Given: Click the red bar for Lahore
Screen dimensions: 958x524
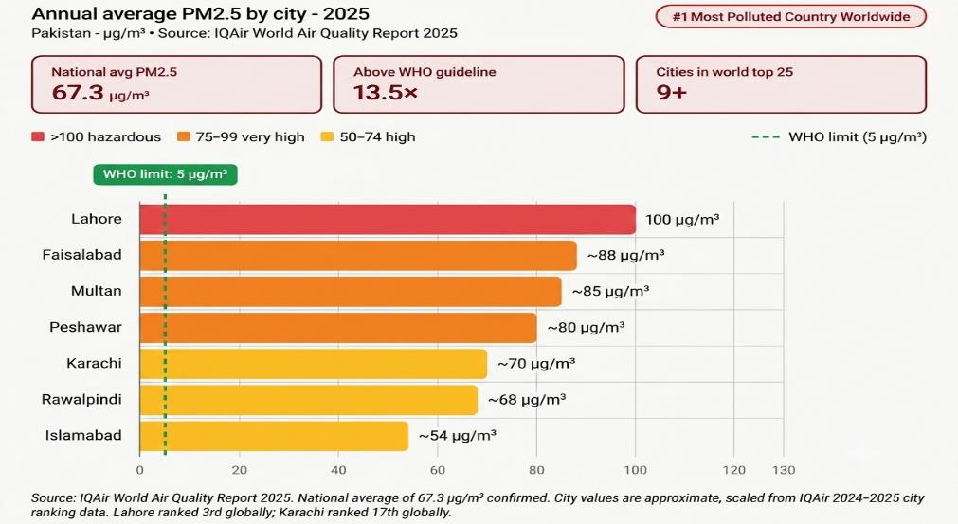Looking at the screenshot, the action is (388, 219).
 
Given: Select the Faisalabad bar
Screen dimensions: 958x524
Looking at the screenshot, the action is (358, 255).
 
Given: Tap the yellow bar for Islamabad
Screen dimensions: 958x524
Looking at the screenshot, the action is (274, 436).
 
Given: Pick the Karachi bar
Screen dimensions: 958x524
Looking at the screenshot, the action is (314, 364).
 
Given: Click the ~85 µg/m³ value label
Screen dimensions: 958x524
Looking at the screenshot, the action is (610, 291).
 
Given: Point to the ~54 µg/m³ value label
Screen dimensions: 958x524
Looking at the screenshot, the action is (457, 436).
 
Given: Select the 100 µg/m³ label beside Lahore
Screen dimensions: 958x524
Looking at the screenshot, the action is (682, 219).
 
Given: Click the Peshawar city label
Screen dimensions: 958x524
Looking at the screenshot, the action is (85, 327).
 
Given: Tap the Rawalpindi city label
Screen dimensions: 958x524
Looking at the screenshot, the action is (81, 400).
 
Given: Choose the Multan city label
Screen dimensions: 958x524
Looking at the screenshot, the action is (97, 291).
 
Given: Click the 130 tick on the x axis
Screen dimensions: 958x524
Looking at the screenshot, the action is (784, 470).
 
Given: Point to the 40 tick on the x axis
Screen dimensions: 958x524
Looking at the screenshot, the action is (338, 470).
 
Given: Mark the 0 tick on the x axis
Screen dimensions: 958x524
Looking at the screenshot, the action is (140, 470).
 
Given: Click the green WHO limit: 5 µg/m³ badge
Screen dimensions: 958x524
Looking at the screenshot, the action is (165, 174).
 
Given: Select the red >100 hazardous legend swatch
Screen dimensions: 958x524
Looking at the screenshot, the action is (38, 136).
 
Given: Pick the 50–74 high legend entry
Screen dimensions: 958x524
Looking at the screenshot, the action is (369, 136).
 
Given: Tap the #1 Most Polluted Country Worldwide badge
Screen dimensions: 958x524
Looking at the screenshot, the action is (791, 16).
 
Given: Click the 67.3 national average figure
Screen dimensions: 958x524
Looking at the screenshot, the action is (79, 92).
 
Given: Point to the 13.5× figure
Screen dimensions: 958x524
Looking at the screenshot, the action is (386, 92).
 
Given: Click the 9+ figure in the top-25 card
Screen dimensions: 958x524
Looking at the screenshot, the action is (672, 92).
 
